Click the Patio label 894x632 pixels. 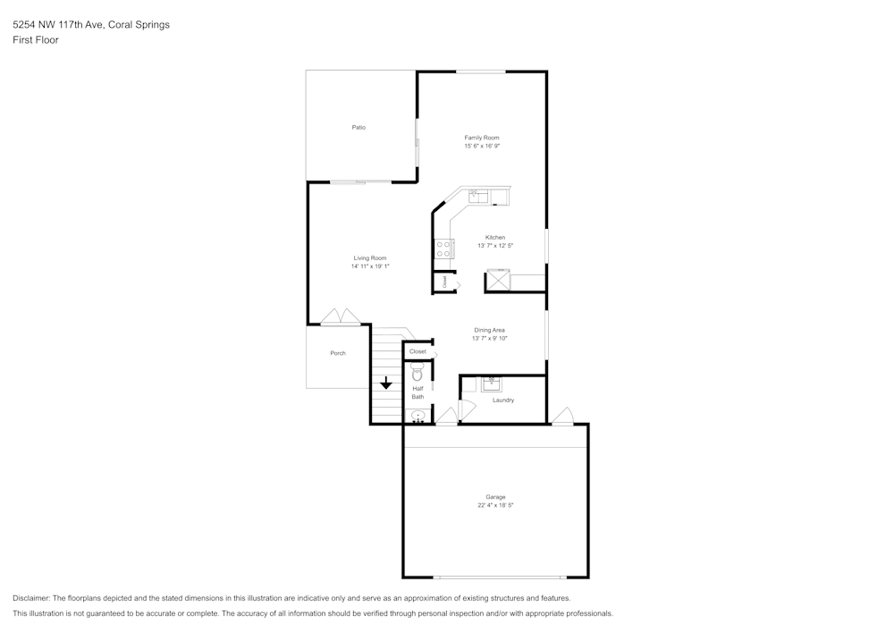pos(358,128)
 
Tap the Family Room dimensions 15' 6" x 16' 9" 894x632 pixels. pos(481,146)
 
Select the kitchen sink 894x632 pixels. pos(477,195)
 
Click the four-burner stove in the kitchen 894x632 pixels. pos(443,249)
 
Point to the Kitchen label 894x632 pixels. pos(495,238)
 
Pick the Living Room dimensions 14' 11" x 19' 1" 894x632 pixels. pos(370,265)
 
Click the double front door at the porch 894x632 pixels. pos(341,317)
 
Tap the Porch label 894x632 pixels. pos(338,353)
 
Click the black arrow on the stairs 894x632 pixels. pos(385,383)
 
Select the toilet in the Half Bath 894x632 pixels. pos(417,372)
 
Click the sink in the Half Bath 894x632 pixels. pos(417,416)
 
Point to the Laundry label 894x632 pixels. pos(503,400)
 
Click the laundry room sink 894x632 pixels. pos(490,383)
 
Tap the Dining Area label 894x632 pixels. pos(490,330)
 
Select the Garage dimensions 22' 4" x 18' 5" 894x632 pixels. pos(495,505)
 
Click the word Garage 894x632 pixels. pos(495,497)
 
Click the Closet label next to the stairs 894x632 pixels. pos(417,351)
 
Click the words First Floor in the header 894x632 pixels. pos(36,40)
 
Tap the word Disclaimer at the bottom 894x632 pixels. pos(31,598)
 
